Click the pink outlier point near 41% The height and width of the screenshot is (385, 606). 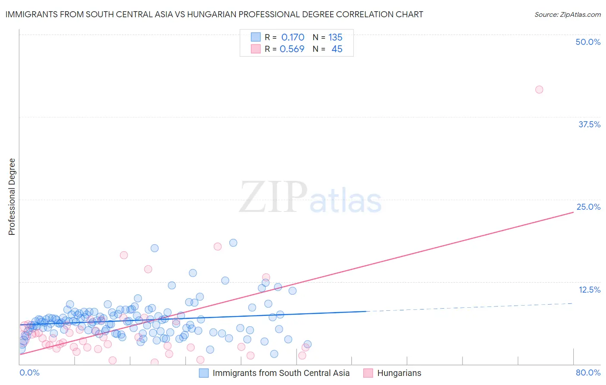(539, 90)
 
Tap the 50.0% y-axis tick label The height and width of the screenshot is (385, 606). (588, 42)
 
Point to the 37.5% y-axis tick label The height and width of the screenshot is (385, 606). (589, 124)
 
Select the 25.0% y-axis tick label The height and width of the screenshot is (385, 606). (588, 207)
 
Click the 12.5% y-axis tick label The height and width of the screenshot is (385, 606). (589, 290)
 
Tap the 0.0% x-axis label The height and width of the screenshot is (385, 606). (29, 372)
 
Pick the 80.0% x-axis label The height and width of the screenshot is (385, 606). (588, 372)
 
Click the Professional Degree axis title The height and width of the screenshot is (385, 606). (12, 197)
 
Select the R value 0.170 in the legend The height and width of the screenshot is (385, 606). (293, 38)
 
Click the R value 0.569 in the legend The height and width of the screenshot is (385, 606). (292, 49)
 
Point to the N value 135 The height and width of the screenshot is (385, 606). (335, 38)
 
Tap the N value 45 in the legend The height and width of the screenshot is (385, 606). (337, 49)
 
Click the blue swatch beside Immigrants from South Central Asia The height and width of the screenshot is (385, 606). (203, 373)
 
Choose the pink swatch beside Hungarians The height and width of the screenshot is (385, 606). (368, 373)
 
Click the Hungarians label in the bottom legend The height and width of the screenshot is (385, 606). (399, 373)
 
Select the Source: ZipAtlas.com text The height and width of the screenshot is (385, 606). (567, 14)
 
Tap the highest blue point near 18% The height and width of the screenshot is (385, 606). (233, 243)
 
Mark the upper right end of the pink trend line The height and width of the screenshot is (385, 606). (573, 212)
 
